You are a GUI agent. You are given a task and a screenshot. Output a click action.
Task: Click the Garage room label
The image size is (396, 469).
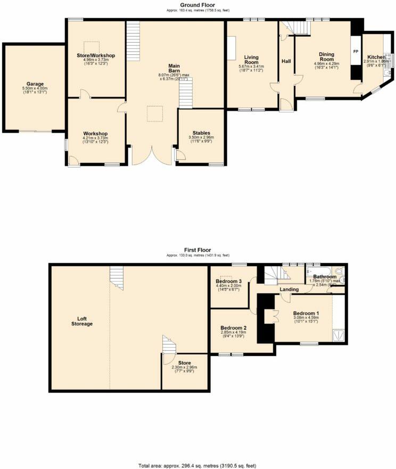(35, 84)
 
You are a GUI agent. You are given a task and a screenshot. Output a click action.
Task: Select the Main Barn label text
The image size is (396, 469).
(174, 68)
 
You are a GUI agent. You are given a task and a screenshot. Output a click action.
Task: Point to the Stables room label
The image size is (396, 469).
(201, 133)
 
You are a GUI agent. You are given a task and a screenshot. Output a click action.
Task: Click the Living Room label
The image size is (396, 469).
(251, 59)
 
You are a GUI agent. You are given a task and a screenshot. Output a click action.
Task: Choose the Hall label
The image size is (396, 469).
(286, 62)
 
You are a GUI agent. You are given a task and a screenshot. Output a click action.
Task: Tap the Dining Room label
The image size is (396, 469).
(326, 56)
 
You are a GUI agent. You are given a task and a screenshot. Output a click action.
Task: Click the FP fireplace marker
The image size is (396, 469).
(356, 52)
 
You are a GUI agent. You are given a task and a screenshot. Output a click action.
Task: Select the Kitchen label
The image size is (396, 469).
(376, 57)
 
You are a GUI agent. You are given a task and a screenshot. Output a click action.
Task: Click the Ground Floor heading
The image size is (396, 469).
(197, 5)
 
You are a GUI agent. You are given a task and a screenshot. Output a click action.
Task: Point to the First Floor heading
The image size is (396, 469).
(197, 250)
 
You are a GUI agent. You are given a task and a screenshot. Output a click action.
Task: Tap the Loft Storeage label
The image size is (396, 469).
(82, 321)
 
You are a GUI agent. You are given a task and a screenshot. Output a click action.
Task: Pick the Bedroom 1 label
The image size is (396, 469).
(306, 314)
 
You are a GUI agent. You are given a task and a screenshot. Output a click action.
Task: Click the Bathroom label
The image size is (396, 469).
(325, 277)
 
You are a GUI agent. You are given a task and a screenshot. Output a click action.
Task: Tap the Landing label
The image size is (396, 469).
(289, 290)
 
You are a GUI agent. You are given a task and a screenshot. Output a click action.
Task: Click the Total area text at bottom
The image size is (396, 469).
(197, 465)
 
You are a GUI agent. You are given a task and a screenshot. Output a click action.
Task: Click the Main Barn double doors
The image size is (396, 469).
(152, 154)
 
